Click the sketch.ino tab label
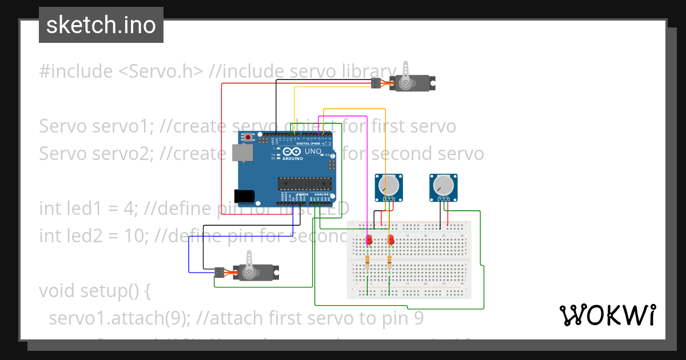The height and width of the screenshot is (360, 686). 101,25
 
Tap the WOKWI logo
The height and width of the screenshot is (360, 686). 608,315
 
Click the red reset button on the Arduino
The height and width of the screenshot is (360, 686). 248,138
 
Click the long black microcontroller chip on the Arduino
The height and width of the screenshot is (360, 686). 305,183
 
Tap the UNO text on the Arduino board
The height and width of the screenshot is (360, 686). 313,151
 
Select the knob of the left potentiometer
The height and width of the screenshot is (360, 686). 389,185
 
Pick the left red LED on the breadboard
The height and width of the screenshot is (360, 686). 369,240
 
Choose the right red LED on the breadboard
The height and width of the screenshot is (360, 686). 391,240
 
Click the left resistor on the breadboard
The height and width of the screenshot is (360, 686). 367,262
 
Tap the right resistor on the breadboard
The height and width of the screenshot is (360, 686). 389,262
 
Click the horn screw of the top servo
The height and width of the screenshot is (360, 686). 406,83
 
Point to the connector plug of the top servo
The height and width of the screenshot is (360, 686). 375,84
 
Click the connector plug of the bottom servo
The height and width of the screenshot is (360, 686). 218,273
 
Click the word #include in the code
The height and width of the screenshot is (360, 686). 76,71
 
